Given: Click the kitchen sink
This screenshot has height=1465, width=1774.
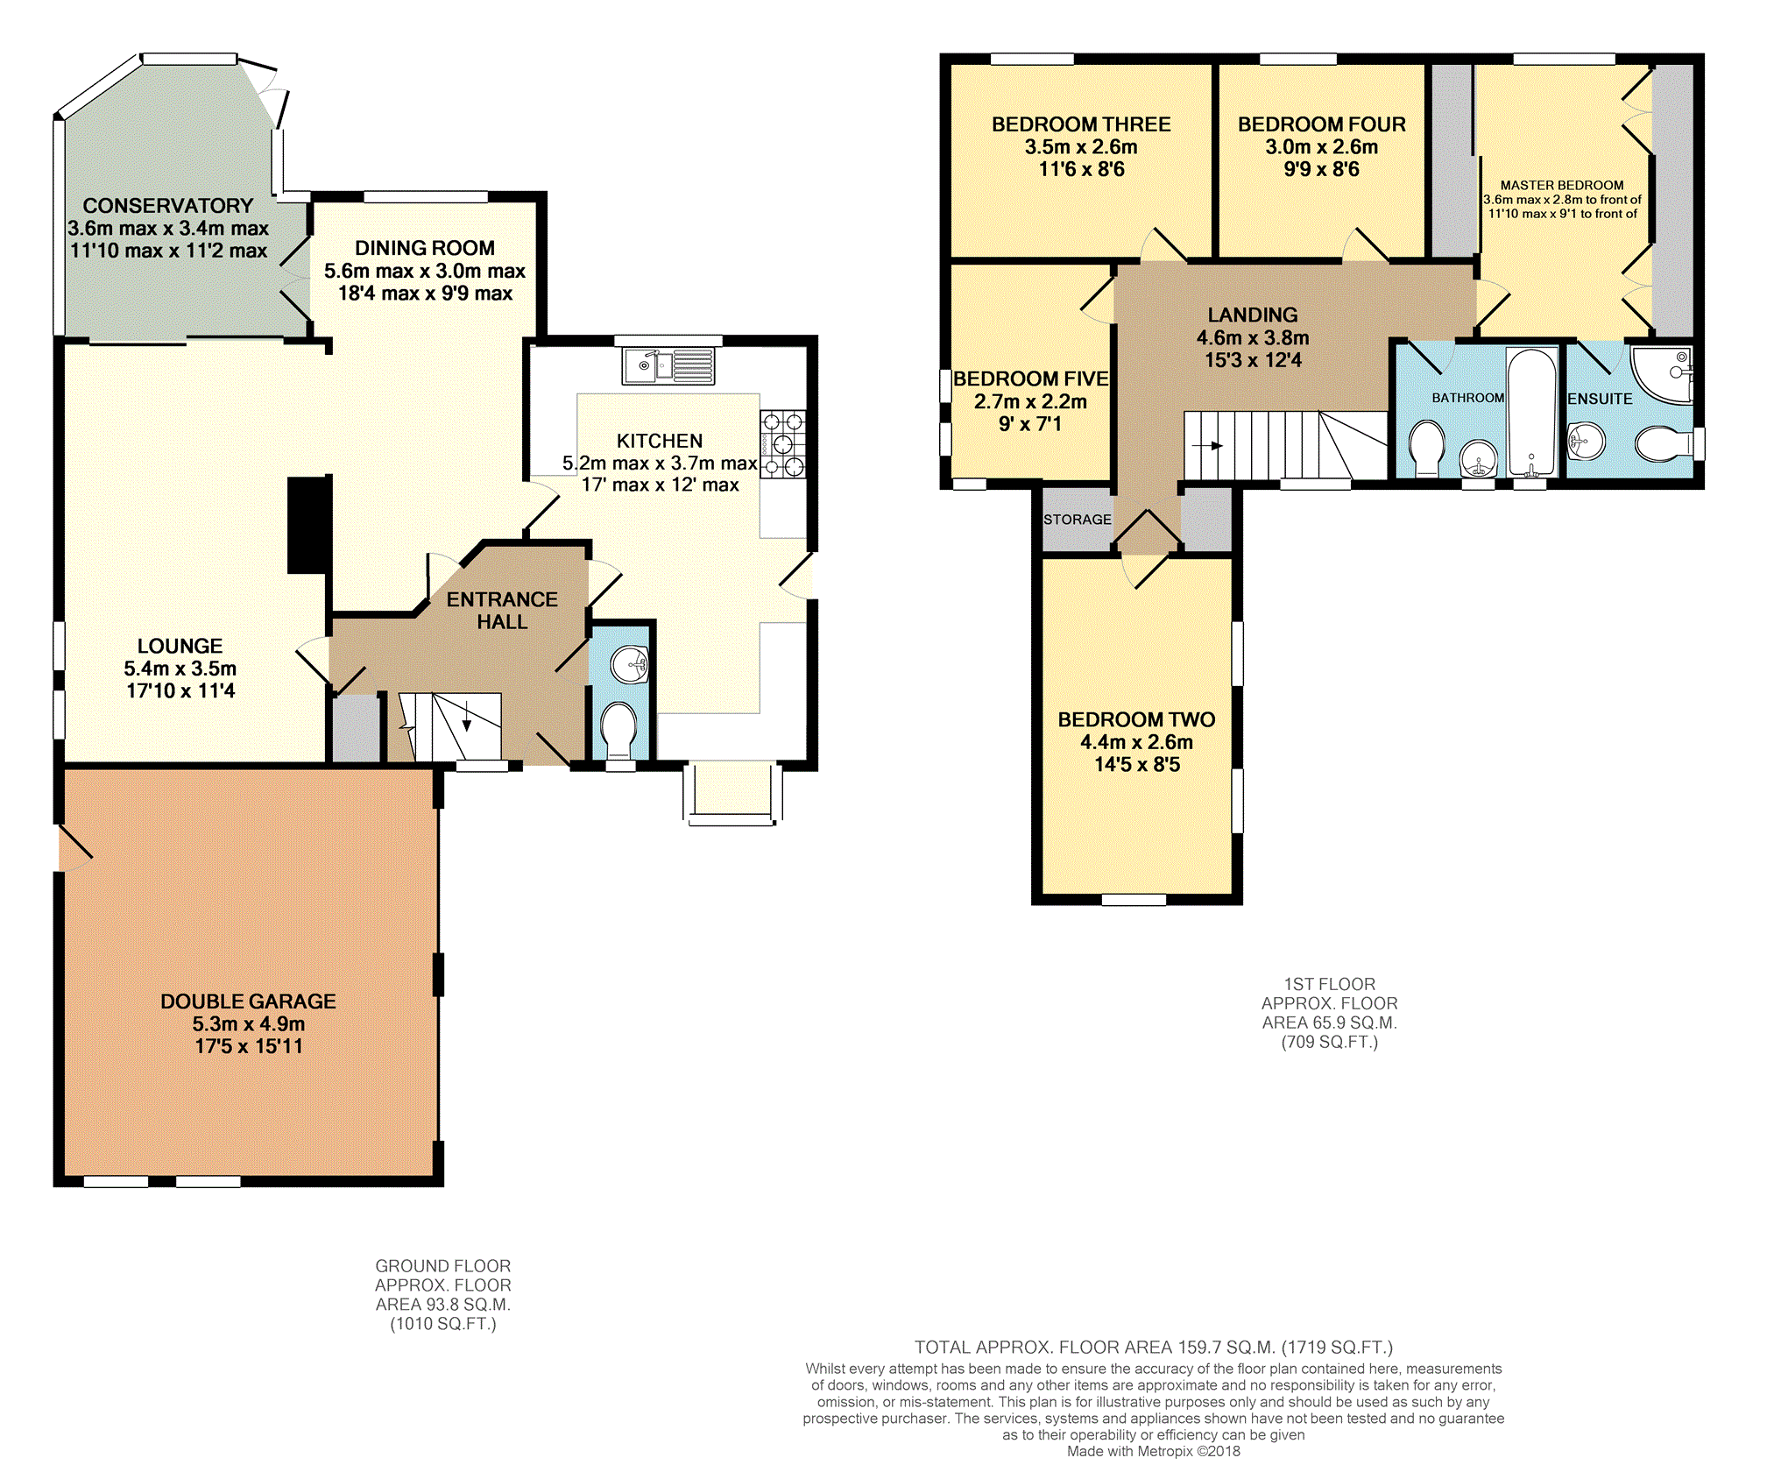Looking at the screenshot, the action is [668, 365].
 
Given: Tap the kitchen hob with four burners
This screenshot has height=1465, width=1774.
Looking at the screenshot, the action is [782, 444].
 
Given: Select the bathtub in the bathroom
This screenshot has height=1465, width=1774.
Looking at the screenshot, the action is [1531, 412].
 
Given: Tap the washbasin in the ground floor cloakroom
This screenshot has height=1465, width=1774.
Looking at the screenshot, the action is [630, 665].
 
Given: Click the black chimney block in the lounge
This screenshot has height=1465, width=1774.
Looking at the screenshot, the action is [309, 525].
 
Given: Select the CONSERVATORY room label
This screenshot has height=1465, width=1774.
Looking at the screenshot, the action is [168, 206].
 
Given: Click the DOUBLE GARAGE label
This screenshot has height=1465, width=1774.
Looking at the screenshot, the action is [249, 1001].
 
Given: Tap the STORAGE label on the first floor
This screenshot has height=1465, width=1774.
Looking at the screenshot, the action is [1078, 520].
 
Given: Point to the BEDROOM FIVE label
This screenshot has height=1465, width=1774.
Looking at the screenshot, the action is [1031, 379].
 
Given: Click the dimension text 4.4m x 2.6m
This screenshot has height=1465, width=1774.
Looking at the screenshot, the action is [1137, 742].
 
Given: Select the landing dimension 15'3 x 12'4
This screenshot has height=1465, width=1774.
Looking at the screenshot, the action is [1253, 360].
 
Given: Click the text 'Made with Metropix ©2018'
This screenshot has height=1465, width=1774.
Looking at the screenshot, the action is [1154, 1451].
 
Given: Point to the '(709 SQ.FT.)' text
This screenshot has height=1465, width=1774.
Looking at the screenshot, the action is [1330, 1042].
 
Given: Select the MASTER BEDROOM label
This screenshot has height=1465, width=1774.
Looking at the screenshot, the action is [1562, 186].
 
